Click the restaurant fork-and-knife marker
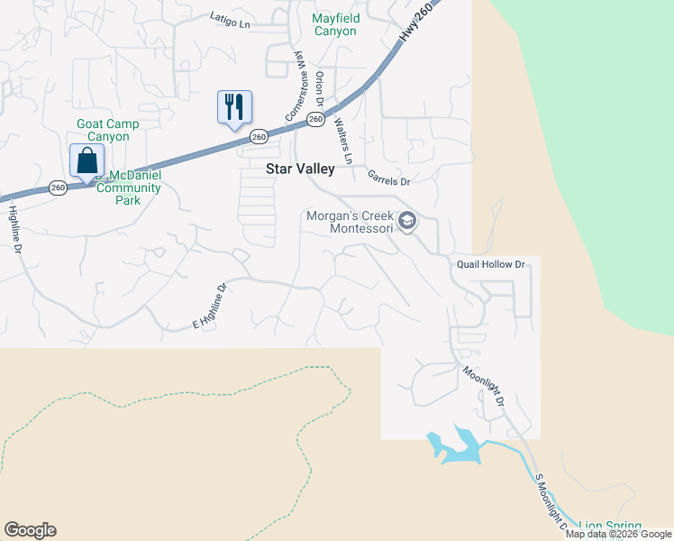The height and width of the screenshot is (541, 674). click(x=234, y=107)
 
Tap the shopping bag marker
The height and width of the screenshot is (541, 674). click(x=87, y=160)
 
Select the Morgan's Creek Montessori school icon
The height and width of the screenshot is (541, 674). click(x=407, y=221)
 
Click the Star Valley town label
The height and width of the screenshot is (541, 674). click(x=300, y=169)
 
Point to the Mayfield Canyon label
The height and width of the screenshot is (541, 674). click(x=335, y=24)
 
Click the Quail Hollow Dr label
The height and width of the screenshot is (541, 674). click(x=490, y=264)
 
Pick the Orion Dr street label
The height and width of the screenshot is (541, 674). click(x=320, y=90)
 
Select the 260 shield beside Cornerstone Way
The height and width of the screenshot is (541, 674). click(x=314, y=119)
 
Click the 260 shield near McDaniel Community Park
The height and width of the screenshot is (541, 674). click(x=59, y=188)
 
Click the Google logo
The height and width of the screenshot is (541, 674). click(x=30, y=530)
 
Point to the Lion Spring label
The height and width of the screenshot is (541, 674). click(x=609, y=526)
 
